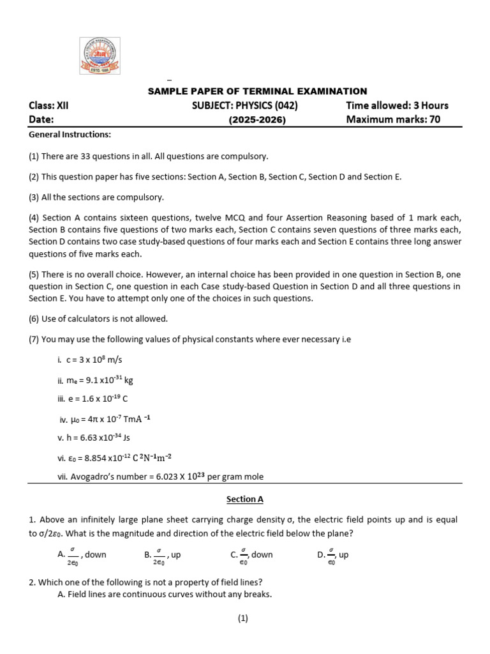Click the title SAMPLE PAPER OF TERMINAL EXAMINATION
257,91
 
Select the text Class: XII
48,105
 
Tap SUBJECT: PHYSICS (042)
245,105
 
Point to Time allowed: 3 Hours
397,105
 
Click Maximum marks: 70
393,119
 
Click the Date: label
41,119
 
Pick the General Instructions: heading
70,135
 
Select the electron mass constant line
95,380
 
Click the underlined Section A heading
245,499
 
